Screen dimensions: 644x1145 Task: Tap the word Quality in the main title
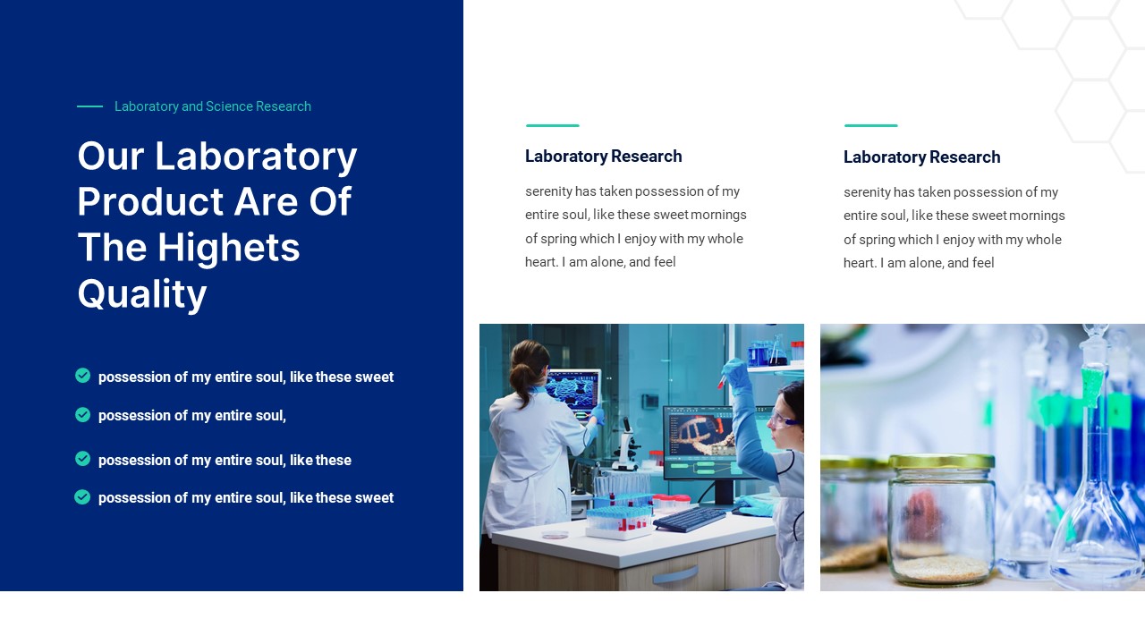pos(142,294)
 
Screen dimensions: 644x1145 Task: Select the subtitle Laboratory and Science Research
pos(213,106)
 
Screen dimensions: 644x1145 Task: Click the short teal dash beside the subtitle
pos(89,106)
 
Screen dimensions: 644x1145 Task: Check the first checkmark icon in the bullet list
pos(83,376)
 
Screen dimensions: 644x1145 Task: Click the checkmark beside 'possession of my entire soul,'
pos(83,415)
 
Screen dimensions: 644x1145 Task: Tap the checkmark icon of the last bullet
pos(82,497)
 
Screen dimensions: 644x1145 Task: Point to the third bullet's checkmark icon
pos(83,459)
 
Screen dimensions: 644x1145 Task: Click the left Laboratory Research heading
pos(603,157)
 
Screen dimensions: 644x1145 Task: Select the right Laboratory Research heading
pos(921,157)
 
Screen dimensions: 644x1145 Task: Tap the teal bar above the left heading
pos(552,125)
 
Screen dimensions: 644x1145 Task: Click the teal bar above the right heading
pos(870,125)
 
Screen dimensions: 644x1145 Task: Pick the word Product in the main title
pos(151,202)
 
